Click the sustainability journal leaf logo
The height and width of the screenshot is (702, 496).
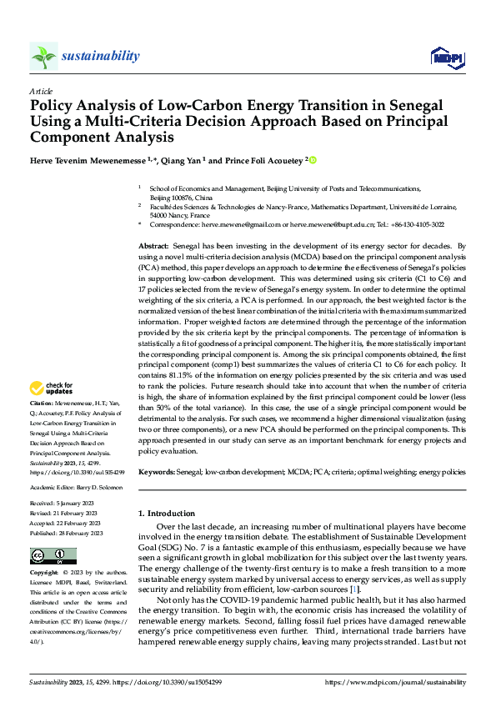43,56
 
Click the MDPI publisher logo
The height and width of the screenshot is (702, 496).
448,57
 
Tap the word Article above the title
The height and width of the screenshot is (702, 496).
41,91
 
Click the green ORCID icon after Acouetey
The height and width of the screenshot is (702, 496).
313,159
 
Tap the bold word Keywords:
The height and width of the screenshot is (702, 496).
156,472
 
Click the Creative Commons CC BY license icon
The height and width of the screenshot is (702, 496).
53,556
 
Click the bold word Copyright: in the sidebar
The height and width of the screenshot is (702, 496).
45,574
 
